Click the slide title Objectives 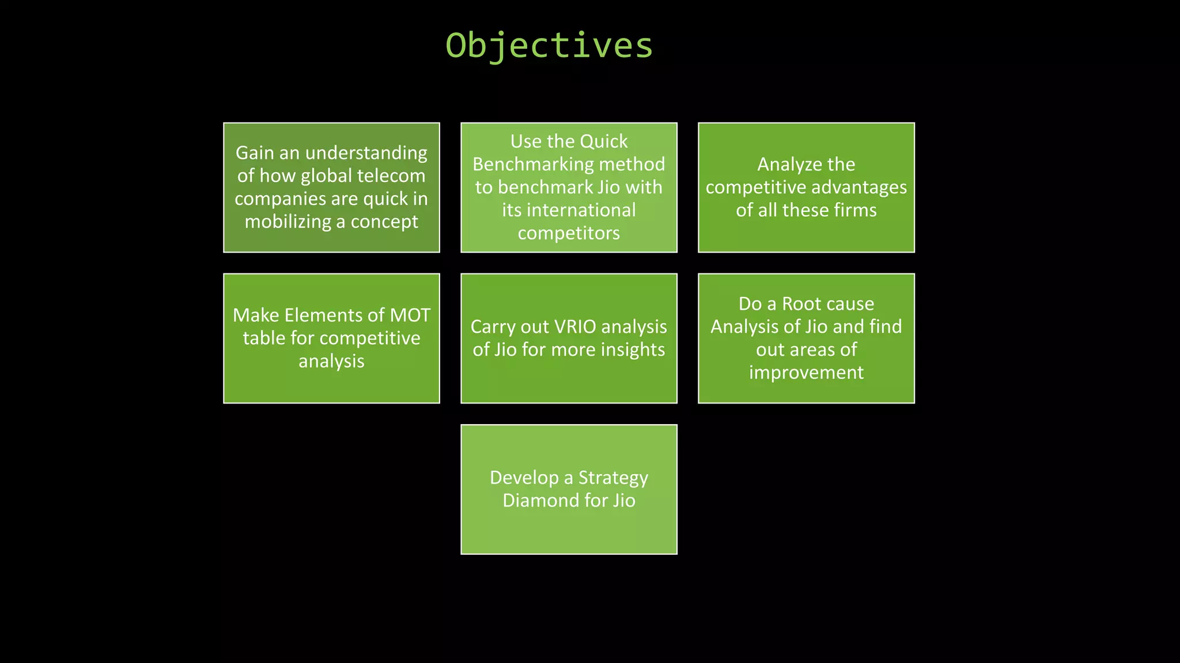549,45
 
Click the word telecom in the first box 391,176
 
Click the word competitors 569,233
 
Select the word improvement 806,373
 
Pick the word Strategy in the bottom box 613,478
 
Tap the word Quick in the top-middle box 603,142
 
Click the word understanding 366,153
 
